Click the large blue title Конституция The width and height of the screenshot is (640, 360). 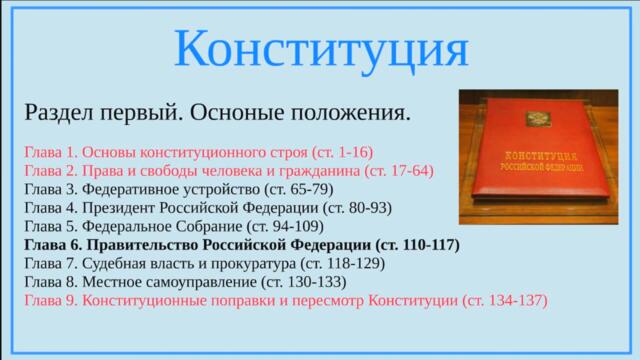(320, 48)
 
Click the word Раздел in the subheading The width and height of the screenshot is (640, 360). (56, 112)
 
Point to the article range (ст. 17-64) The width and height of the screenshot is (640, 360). (399, 171)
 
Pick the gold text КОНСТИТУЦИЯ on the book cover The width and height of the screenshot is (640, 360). (540, 157)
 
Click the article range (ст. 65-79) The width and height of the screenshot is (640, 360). (300, 189)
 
